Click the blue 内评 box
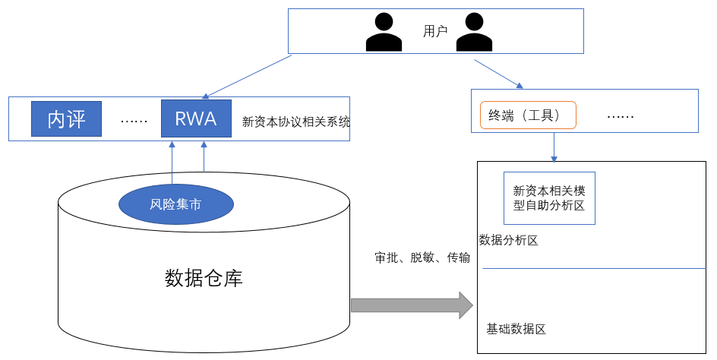point(67,119)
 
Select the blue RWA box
point(195,119)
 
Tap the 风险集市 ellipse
point(175,204)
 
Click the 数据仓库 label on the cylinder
point(204,278)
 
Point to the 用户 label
point(435,31)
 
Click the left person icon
point(384,33)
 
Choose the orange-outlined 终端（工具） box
point(528,115)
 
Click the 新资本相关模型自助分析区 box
point(549,198)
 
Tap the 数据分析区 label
point(509,241)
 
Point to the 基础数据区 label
point(516,329)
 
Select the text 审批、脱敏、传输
point(422,257)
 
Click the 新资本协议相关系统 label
point(295,121)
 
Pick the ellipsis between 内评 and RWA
point(134,120)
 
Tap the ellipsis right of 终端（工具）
point(621,116)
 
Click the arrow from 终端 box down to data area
point(554,147)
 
